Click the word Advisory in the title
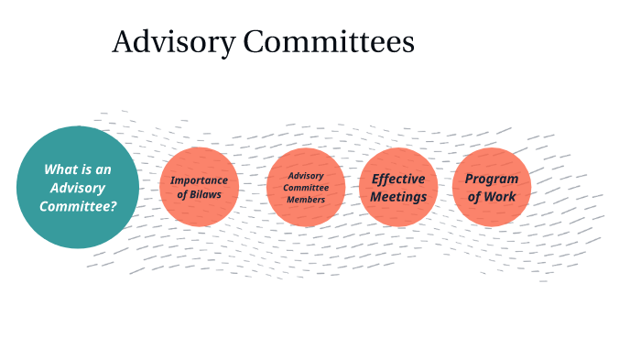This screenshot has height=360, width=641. (x=170, y=43)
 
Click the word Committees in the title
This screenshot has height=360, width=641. (x=326, y=42)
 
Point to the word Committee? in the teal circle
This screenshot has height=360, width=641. (x=78, y=206)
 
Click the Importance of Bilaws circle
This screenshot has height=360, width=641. (x=199, y=187)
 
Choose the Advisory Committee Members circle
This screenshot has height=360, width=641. (x=306, y=187)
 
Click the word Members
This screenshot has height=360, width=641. (x=306, y=200)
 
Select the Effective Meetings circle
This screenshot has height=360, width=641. (x=398, y=187)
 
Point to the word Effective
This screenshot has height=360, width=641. (x=398, y=179)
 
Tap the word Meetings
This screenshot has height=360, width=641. (x=398, y=196)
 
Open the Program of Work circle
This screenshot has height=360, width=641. (x=492, y=187)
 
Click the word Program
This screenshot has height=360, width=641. (x=492, y=179)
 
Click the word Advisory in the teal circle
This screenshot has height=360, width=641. (x=78, y=188)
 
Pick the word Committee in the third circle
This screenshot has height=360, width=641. (x=306, y=188)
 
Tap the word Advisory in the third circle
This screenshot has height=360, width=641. (x=306, y=176)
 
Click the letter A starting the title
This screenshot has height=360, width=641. (x=122, y=43)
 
